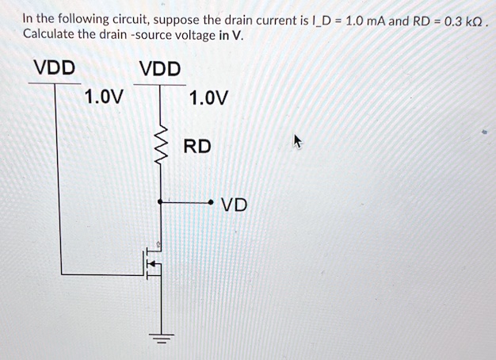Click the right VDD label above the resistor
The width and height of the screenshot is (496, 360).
click(160, 68)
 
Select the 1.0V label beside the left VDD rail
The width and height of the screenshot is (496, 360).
click(104, 98)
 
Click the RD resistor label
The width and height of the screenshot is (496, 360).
click(197, 147)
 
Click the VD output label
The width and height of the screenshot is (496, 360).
click(235, 205)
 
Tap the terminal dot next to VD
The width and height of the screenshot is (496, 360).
click(213, 203)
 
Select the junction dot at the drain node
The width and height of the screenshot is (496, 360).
click(160, 203)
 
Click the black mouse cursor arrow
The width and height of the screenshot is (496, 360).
click(299, 142)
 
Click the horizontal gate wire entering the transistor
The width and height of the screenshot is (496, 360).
click(103, 274)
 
